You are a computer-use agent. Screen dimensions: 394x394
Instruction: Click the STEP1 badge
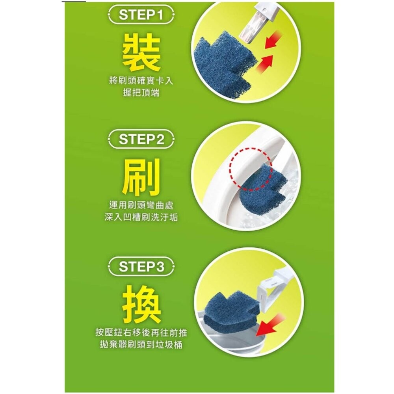coord(141,16)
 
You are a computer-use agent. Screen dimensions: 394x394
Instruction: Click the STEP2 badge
coord(141,139)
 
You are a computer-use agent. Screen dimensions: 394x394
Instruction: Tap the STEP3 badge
coord(141,267)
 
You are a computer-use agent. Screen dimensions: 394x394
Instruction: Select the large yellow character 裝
coord(141,53)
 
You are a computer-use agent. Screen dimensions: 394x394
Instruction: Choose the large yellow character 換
coord(141,304)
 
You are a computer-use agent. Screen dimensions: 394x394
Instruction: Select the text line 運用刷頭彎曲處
coord(141,205)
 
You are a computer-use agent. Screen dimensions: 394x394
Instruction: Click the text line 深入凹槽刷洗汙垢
coord(141,217)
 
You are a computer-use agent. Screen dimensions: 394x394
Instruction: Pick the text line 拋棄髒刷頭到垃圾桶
coord(141,345)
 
